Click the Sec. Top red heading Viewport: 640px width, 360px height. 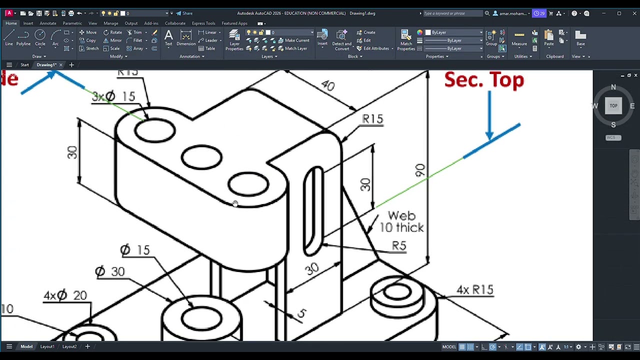coord(483,80)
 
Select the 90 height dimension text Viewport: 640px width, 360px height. coord(420,170)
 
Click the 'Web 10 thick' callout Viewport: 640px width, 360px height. coord(401,221)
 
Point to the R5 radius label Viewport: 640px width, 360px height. coord(399,245)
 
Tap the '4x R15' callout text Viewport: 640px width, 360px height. coord(474,290)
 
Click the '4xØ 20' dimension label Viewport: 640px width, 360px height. coord(65,295)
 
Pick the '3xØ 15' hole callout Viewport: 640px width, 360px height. coord(113,96)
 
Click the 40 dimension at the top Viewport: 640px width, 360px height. coord(327,85)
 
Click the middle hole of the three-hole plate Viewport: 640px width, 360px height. coord(201,157)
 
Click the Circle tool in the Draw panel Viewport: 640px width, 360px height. coord(40,37)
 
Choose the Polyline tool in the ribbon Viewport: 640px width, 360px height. coord(23,37)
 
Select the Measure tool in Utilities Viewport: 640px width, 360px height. coord(519,37)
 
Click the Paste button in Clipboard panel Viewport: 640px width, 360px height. coord(549,37)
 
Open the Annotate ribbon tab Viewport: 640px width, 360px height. coord(48,23)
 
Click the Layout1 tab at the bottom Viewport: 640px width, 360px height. coord(47,346)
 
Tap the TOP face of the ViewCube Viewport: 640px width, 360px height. coord(613,105)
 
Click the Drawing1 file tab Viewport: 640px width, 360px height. coord(46,65)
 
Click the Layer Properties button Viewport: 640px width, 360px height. coord(234,39)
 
